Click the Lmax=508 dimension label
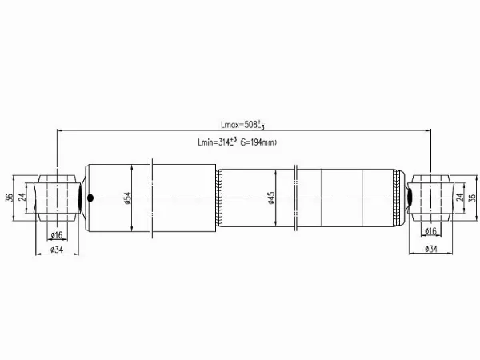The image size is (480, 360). click(x=243, y=124)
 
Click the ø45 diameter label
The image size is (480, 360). click(x=272, y=198)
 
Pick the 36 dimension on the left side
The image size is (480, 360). click(x=9, y=198)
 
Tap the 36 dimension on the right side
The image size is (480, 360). click(x=472, y=198)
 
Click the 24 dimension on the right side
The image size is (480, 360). click(x=458, y=198)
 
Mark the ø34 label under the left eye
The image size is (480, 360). click(x=57, y=250)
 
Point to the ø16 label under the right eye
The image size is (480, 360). click(x=430, y=232)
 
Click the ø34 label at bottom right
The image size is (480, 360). click(x=430, y=250)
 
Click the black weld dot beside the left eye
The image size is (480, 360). click(x=90, y=198)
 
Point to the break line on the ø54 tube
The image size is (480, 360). click(x=151, y=198)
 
